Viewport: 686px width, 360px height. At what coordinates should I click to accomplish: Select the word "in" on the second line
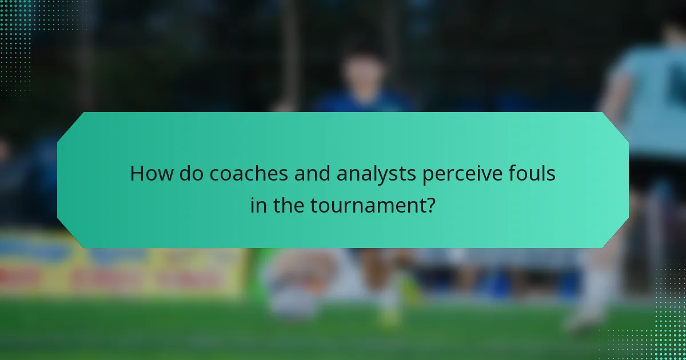click(258, 204)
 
